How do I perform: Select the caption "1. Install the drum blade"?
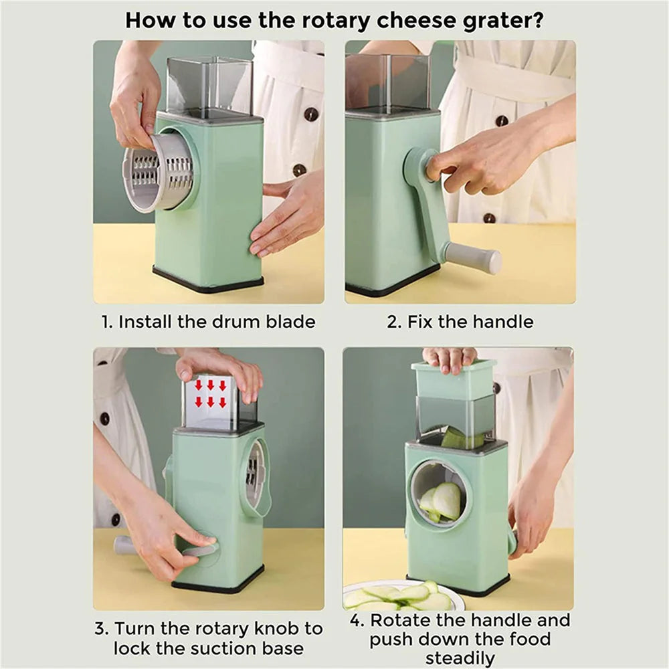click(x=208, y=322)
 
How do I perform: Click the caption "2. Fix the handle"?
click(x=460, y=322)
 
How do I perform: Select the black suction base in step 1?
click(x=207, y=281)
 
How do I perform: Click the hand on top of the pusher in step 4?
click(x=449, y=358)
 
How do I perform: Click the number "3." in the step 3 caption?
click(x=102, y=630)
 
